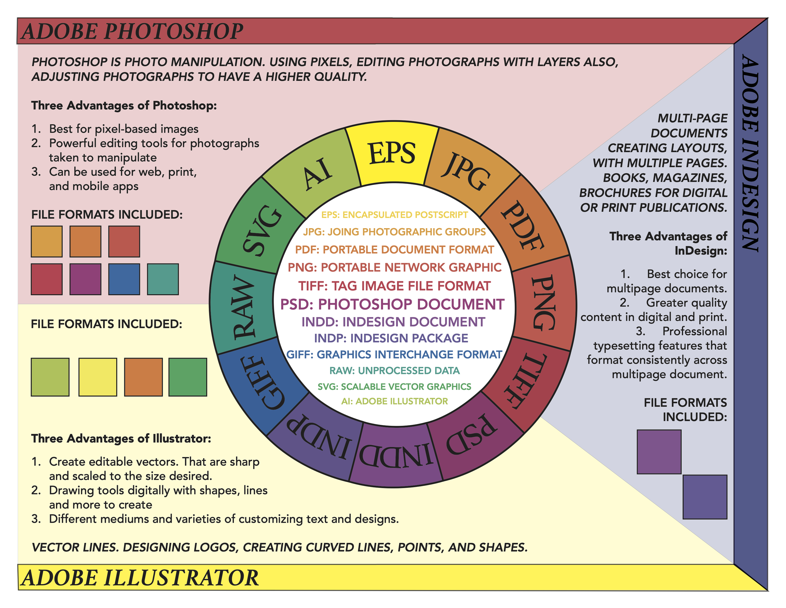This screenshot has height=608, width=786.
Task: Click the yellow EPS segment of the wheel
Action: [392, 154]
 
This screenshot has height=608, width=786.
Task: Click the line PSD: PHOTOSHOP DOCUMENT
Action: [392, 304]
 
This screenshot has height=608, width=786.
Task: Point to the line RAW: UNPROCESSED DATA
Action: [395, 371]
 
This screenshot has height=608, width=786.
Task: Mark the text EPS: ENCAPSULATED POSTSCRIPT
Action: [395, 215]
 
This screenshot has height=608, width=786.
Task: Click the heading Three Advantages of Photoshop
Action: [124, 105]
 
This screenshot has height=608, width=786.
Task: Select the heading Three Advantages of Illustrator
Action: [121, 438]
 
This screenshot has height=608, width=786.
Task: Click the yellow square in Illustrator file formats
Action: [97, 377]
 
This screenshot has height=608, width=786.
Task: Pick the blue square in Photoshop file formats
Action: [124, 279]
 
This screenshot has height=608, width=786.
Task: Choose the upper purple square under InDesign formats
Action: [659, 452]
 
